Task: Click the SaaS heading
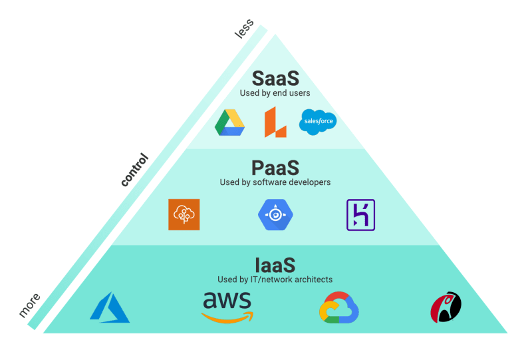[275, 77]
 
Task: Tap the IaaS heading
[275, 265]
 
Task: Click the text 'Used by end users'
[275, 92]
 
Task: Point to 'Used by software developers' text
[275, 182]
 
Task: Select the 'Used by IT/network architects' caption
[275, 279]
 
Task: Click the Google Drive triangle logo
[230, 122]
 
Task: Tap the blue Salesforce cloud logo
[318, 122]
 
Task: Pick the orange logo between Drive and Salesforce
[275, 122]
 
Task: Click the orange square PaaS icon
[184, 215]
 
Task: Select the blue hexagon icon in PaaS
[275, 214]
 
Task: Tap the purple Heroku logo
[361, 215]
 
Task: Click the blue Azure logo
[110, 307]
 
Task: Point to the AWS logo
[228, 306]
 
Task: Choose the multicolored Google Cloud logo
[339, 307]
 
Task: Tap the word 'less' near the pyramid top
[244, 29]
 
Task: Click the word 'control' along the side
[134, 170]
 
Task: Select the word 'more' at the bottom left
[30, 305]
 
